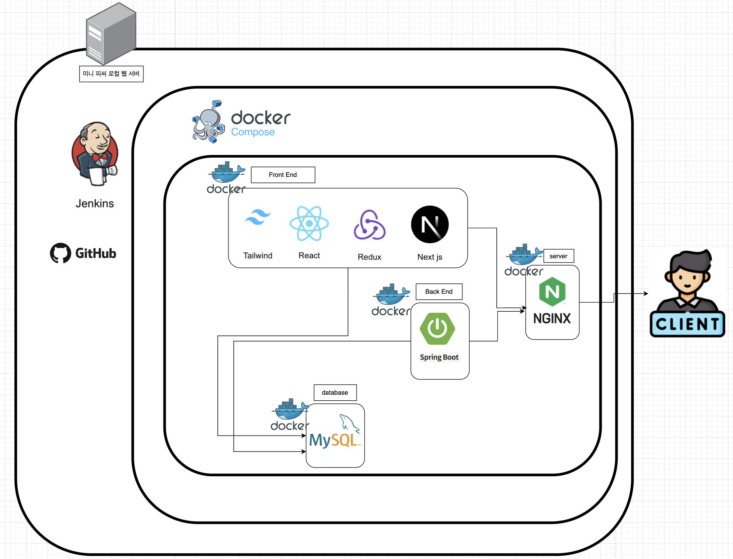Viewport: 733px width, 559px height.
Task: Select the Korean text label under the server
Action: point(111,74)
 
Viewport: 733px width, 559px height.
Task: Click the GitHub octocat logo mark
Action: point(60,253)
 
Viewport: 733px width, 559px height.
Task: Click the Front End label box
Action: point(283,175)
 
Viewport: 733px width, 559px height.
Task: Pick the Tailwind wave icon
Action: point(258,217)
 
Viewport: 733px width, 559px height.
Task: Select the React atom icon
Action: point(309,223)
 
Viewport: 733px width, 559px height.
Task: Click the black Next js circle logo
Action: point(430,224)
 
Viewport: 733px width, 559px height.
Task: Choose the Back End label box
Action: point(439,292)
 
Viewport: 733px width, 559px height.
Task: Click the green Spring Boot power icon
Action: point(437,328)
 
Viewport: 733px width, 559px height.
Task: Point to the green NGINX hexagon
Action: point(552,292)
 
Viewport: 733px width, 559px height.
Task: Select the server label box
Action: point(559,256)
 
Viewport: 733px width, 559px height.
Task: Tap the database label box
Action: point(335,393)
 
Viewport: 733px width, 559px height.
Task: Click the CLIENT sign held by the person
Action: point(687,324)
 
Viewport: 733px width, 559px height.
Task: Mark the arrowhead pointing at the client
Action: point(646,293)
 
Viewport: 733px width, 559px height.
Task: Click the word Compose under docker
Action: point(253,132)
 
